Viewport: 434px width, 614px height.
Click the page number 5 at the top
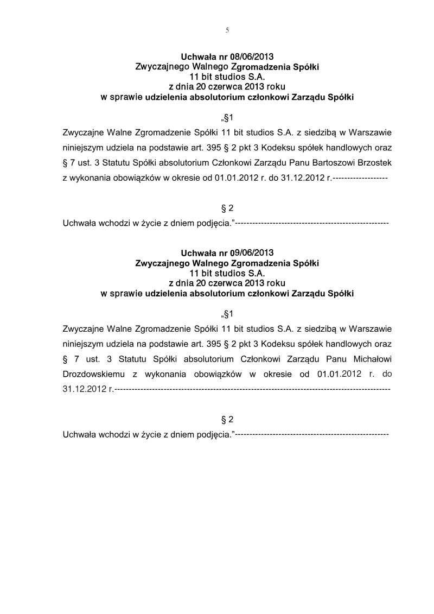click(x=227, y=30)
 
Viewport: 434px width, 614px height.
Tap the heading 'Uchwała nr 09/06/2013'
click(x=227, y=253)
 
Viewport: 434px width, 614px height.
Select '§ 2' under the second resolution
click(x=227, y=420)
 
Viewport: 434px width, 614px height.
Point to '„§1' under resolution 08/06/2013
click(x=227, y=117)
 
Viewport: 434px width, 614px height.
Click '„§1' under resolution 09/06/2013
click(x=227, y=314)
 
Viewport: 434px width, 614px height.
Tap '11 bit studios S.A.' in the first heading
click(x=227, y=78)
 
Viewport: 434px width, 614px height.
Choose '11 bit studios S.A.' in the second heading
click(x=227, y=274)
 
